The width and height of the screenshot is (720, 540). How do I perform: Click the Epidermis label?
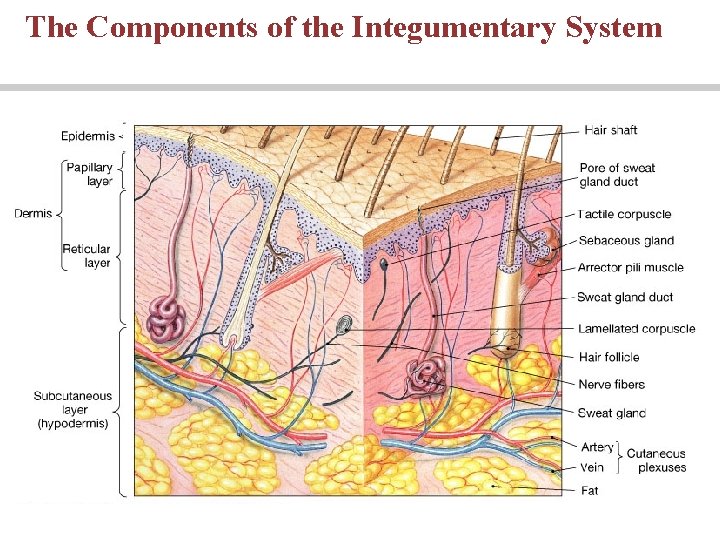[x=88, y=136]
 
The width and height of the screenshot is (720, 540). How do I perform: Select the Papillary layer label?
[x=89, y=174]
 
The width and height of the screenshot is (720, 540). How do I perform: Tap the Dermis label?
[x=33, y=213]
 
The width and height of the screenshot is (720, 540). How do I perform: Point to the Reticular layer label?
[x=87, y=255]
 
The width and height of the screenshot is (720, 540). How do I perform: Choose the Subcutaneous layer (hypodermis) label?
[x=73, y=410]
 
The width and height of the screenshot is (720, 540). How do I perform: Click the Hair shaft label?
[x=610, y=130]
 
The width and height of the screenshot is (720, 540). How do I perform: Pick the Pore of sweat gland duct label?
[x=617, y=174]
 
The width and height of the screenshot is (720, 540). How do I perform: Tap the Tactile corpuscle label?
[x=624, y=214]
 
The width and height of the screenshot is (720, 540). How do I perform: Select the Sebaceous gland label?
[x=626, y=241]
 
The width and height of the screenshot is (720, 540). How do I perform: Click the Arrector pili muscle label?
[x=630, y=268]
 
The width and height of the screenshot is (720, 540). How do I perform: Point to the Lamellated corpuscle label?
[x=636, y=329]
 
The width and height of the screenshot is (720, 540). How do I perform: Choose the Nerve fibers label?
[x=612, y=384]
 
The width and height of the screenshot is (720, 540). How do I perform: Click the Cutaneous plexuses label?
[x=656, y=460]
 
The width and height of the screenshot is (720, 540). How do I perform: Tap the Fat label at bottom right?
[x=589, y=491]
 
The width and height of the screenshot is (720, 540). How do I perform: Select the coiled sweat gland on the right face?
[x=427, y=378]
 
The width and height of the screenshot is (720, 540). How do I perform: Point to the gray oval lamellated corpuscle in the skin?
[x=345, y=323]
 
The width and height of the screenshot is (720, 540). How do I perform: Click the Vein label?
[x=591, y=467]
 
